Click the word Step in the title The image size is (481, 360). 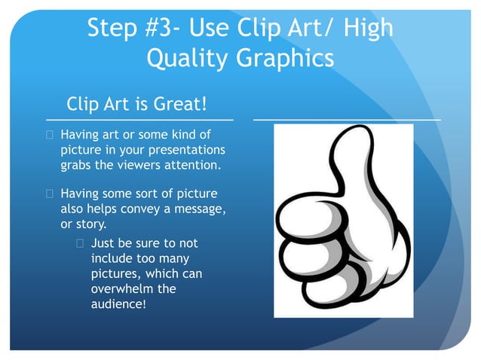115,29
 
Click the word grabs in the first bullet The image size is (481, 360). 76,164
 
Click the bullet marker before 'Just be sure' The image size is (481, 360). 81,243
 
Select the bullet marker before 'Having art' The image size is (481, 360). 51,135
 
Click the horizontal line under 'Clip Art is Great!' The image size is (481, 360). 139,119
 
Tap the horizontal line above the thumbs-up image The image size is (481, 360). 347,119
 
